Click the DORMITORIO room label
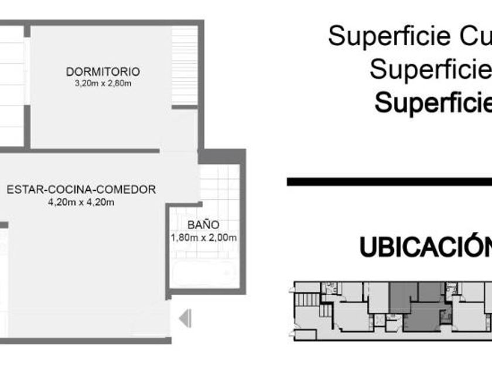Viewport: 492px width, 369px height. click(103, 72)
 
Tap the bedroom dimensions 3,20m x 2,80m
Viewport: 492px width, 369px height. click(103, 84)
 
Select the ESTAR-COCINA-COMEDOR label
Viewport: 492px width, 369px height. click(81, 190)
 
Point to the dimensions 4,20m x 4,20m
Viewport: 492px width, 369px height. click(81, 203)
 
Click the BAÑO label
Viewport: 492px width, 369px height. click(203, 225)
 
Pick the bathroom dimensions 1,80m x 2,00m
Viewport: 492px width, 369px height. click(203, 238)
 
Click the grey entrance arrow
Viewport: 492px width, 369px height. click(185, 319)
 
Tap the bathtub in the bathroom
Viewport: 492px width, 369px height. click(203, 274)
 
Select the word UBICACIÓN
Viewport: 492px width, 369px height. click(425, 247)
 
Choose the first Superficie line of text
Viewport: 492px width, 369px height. click(410, 36)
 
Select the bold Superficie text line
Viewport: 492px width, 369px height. click(433, 103)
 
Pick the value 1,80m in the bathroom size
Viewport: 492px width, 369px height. click(183, 238)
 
